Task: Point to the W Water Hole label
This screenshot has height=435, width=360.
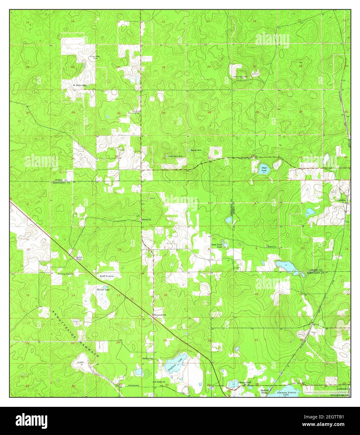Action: click(79, 85)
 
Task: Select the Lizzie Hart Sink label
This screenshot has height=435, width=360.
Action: click(174, 156)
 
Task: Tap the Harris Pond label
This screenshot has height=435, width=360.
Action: click(79, 258)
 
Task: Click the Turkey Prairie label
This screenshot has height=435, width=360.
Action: click(65, 274)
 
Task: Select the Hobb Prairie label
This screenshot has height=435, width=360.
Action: click(105, 276)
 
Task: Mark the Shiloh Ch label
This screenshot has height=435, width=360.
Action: click(271, 247)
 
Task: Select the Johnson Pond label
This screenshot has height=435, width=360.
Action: click(244, 382)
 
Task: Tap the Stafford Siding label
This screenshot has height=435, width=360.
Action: click(265, 391)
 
